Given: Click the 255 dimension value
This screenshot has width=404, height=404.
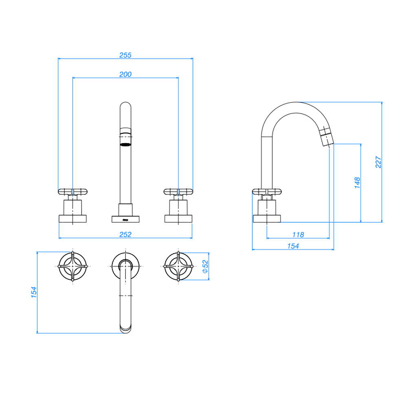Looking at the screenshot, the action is coord(125,55).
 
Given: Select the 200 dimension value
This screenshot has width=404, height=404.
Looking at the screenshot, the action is coord(125,74).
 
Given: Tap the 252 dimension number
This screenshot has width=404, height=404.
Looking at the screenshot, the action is coord(125,234).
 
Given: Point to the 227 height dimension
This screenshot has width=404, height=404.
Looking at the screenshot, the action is coord(378,162).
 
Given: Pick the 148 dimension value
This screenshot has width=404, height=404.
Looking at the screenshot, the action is coord(357,183).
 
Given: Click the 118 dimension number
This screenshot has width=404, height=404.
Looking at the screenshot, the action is coord(298,235).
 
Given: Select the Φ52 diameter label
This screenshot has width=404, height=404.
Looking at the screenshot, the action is coord(205,267).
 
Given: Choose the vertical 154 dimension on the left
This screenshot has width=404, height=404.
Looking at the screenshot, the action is coord(34,292).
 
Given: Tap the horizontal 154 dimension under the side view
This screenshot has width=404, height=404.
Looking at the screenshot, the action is coord(293,246).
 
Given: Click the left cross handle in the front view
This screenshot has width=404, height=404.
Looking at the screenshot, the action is coord(73,192).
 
